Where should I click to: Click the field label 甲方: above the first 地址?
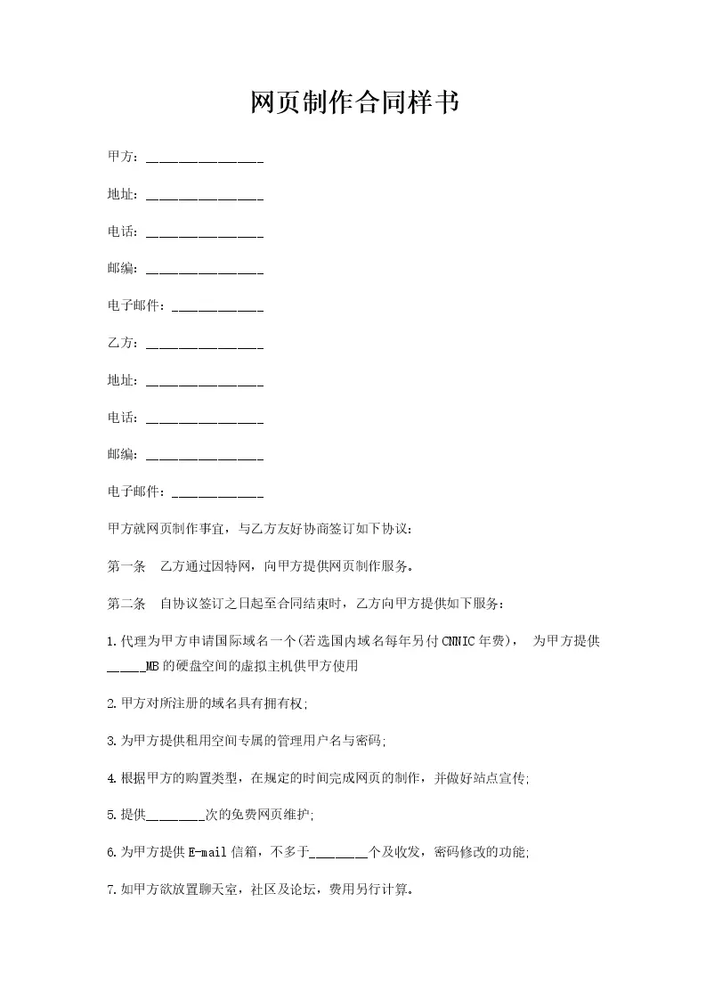(x=122, y=158)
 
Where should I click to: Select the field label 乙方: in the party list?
(x=122, y=343)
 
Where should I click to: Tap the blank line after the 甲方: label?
(x=204, y=160)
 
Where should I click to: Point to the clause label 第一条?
(x=126, y=565)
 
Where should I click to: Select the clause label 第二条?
(x=126, y=603)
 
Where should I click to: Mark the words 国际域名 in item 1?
(x=229, y=640)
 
